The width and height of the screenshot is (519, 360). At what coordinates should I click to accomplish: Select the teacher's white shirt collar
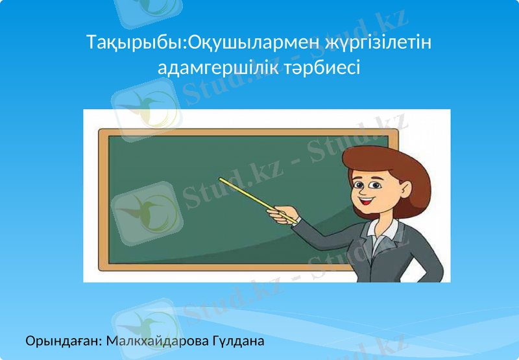tap(383, 227)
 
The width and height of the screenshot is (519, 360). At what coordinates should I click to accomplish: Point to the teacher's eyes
tap(368, 184)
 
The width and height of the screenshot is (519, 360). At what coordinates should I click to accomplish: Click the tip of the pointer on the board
tap(221, 179)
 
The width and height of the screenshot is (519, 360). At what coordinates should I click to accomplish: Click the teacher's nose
tap(363, 192)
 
